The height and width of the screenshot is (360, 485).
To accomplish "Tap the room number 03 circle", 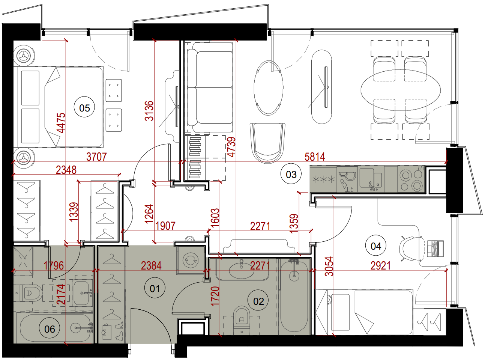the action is click(x=291, y=174).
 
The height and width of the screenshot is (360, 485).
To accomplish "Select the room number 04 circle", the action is click(x=376, y=246).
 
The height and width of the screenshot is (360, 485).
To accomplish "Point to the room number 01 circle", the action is click(x=155, y=288).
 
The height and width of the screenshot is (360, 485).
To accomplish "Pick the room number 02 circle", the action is click(x=258, y=301).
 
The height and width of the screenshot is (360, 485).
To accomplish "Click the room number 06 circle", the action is click(x=50, y=328).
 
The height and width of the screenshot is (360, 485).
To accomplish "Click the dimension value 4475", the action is click(x=61, y=123).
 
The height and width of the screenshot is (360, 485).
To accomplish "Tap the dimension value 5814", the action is click(x=315, y=157).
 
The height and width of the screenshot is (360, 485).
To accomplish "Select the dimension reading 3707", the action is click(x=96, y=157).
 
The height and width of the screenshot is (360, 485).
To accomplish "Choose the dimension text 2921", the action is click(x=380, y=265).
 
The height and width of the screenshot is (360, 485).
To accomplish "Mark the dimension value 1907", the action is click(x=165, y=226).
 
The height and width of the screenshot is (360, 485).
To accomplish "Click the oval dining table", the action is click(x=400, y=90).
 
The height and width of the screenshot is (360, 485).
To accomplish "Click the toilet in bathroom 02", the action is click(x=242, y=320).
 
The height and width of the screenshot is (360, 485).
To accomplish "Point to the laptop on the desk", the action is click(x=435, y=249).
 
